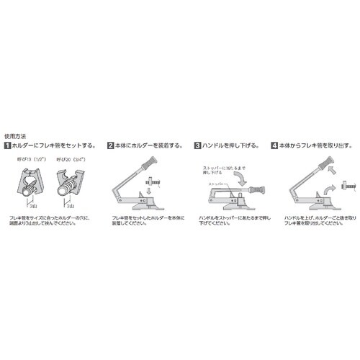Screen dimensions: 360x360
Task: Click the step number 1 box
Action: (x=7, y=145)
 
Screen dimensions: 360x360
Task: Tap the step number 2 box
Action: (x=111, y=145)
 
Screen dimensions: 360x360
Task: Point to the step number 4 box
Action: (x=274, y=145)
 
